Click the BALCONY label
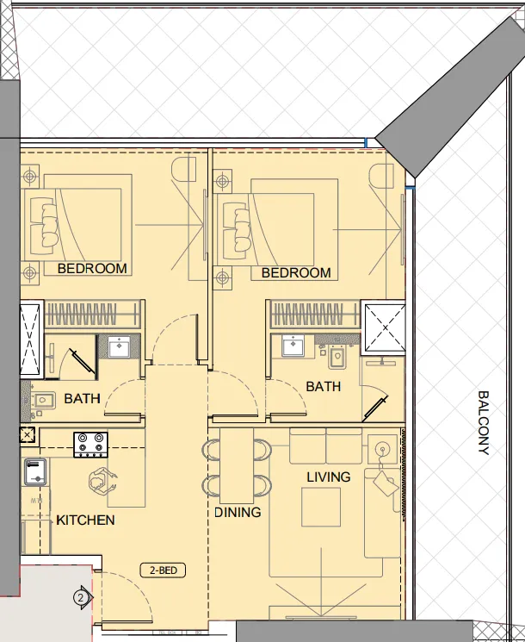483,422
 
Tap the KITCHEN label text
85,520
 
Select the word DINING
238,512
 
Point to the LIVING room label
329,477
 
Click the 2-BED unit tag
163,570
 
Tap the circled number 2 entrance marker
81,596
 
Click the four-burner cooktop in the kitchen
91,444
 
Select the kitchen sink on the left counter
35,471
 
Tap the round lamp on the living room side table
381,448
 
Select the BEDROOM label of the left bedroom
92,269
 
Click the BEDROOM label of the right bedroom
296,273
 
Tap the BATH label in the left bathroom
82,398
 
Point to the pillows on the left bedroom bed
45,222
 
